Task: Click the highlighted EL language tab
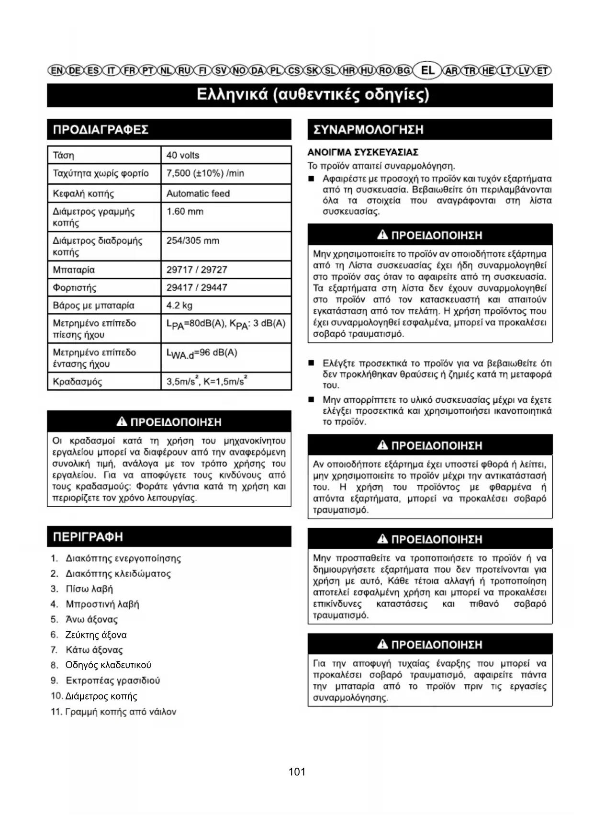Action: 427,70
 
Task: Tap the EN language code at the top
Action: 56,71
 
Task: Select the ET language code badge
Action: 542,71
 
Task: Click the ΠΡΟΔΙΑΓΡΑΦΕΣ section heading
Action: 101,130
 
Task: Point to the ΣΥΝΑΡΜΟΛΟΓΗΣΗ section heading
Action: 368,130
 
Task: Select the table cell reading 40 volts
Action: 183,155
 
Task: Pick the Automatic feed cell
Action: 198,193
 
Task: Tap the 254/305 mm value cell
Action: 193,240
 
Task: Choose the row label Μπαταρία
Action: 74,270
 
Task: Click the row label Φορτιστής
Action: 74,287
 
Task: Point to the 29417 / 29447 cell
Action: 197,287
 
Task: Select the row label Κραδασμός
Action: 77,382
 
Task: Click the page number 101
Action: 297,772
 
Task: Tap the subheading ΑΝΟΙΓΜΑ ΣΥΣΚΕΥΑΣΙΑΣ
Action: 362,152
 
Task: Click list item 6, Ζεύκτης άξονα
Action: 96,635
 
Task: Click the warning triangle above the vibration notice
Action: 122,421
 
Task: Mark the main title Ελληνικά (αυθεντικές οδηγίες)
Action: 313,95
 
